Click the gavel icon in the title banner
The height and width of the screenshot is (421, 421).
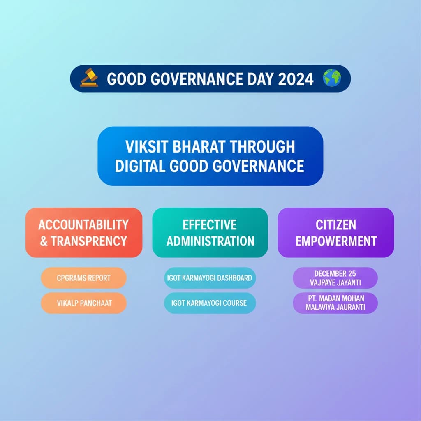pyautogui.click(x=89, y=78)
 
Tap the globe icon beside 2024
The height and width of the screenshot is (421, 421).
pyautogui.click(x=332, y=78)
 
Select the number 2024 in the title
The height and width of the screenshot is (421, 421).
pyautogui.click(x=296, y=79)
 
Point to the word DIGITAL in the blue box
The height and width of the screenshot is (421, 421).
pyautogui.click(x=140, y=166)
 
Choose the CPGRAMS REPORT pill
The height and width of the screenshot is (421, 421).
pyautogui.click(x=83, y=278)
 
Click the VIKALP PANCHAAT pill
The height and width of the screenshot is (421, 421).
pyautogui.click(x=83, y=303)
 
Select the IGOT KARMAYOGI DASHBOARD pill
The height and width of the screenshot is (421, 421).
pyautogui.click(x=210, y=278)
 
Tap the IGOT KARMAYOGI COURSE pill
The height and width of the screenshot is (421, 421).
pyautogui.click(x=210, y=303)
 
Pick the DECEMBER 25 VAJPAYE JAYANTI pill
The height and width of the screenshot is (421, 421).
pyautogui.click(x=335, y=278)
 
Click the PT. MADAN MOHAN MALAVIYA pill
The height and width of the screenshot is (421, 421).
pyautogui.click(x=335, y=303)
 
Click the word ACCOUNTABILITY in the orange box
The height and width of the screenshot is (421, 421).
pyautogui.click(x=83, y=225)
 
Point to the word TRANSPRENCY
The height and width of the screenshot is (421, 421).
pyautogui.click(x=89, y=241)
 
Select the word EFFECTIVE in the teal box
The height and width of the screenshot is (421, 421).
pyautogui.click(x=210, y=225)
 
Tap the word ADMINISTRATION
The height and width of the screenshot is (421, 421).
pyautogui.click(x=210, y=241)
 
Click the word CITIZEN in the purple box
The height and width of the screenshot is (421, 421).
pyautogui.click(x=335, y=225)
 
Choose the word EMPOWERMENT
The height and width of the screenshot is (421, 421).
pyautogui.click(x=336, y=241)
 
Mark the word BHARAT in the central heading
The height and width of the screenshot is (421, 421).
pyautogui.click(x=199, y=147)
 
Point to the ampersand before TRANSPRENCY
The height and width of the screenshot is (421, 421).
pyautogui.click(x=44, y=241)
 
